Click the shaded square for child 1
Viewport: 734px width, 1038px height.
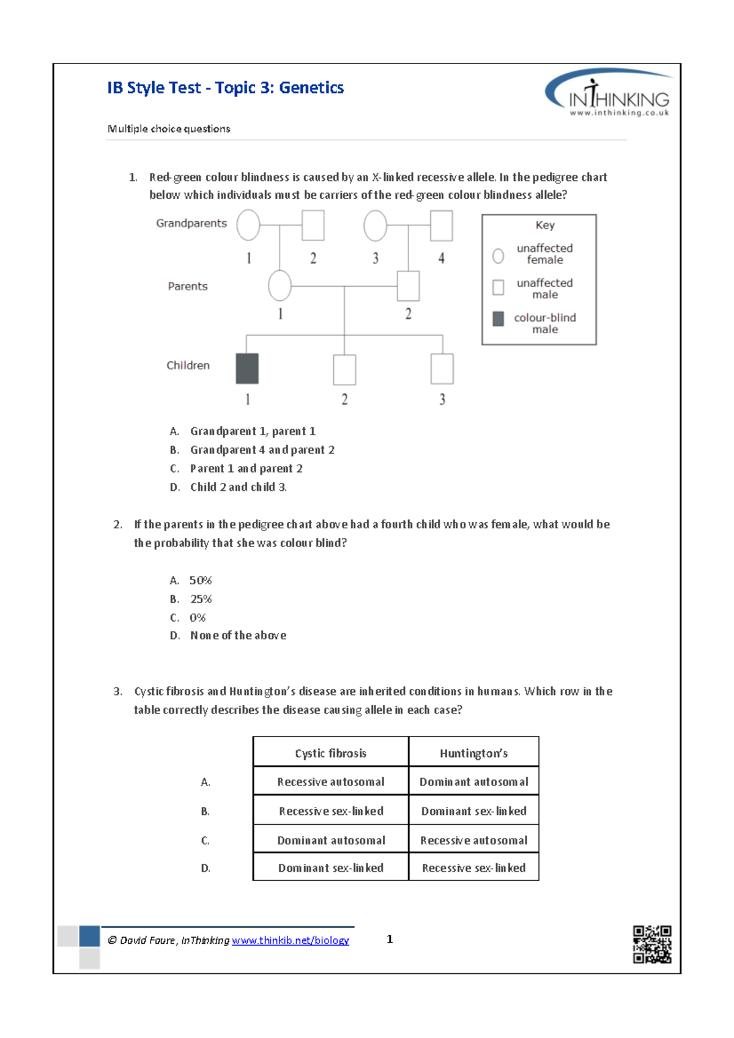point(247,369)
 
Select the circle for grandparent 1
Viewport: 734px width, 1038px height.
point(248,225)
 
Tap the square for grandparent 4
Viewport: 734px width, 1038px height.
point(441,226)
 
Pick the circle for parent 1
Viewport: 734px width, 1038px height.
point(280,285)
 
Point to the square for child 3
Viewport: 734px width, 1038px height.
point(442,369)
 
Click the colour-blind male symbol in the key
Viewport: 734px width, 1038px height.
point(499,318)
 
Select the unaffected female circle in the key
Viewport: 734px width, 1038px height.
point(499,256)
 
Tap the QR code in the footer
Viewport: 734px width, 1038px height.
point(651,944)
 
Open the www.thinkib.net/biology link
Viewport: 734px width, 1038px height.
point(290,940)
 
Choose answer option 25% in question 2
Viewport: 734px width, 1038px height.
point(201,599)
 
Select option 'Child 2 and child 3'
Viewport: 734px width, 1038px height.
point(238,487)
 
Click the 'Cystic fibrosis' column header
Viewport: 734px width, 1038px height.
point(330,753)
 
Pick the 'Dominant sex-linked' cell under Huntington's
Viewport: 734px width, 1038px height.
point(473,811)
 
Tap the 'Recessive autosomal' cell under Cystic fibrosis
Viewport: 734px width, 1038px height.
point(330,782)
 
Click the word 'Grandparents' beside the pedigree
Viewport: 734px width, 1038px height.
point(191,223)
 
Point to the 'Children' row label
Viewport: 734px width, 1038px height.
point(188,366)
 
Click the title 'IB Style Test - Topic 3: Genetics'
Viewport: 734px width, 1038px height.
point(225,88)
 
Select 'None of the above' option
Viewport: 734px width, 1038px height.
point(238,636)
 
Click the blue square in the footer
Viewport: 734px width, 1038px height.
point(89,936)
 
